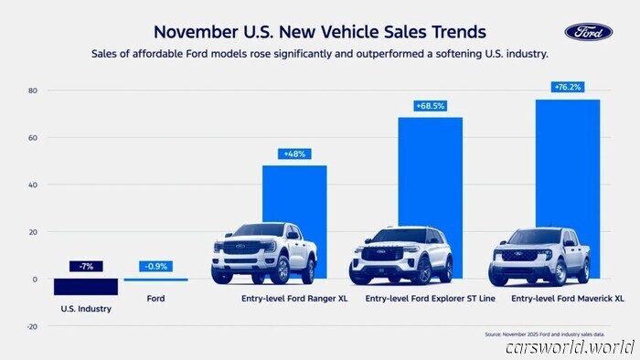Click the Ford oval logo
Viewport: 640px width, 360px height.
[x=589, y=32]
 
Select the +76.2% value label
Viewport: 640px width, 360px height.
[x=567, y=87]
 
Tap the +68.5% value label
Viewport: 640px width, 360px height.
[x=430, y=106]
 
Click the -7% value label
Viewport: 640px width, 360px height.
[x=85, y=266]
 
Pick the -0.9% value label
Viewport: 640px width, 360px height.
[x=155, y=266]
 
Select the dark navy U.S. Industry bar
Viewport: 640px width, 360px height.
[x=85, y=286]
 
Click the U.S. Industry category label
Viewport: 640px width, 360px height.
[x=86, y=309]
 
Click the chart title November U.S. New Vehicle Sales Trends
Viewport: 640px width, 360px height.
[x=319, y=33]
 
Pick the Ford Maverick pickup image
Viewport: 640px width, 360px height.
[x=539, y=257]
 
